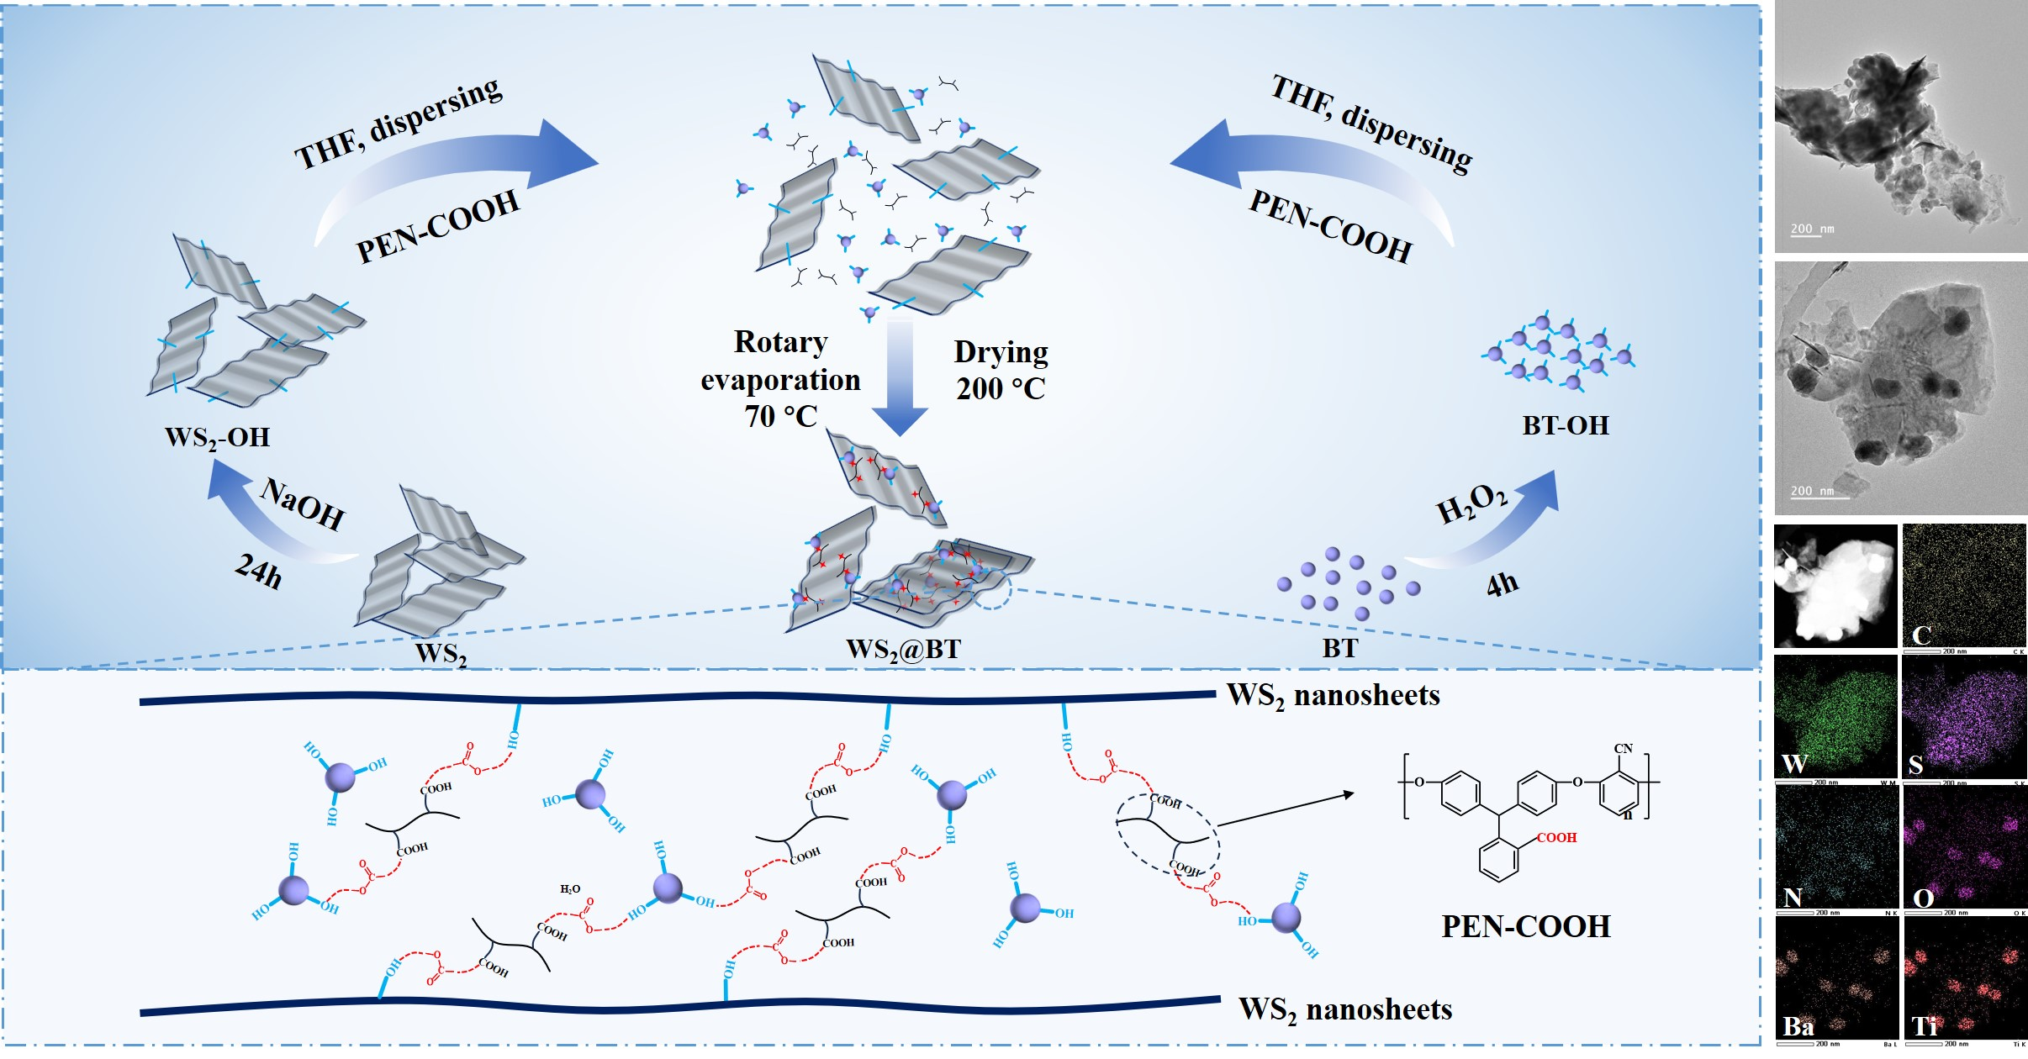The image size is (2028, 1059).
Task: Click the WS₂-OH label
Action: point(217,438)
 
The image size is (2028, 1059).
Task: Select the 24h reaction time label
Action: point(258,572)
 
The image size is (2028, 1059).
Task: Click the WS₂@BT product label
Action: point(903,649)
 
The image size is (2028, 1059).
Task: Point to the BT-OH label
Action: point(1565,425)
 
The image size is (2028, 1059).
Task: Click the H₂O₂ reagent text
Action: point(1471,503)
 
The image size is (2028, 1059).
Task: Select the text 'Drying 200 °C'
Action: point(1001,370)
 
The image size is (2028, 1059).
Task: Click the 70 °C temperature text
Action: point(780,416)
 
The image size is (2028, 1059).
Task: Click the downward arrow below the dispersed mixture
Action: point(900,378)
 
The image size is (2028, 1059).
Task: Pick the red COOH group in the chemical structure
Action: point(1556,838)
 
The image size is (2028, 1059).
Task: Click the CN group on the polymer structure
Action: point(1623,749)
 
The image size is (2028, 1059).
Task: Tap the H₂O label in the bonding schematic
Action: point(570,889)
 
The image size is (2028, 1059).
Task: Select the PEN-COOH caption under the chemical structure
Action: point(1526,926)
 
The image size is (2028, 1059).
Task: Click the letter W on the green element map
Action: point(1794,764)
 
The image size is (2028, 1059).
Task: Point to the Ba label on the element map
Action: point(1798,1026)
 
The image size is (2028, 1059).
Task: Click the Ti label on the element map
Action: point(1925,1026)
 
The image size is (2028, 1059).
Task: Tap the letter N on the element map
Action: point(1793,898)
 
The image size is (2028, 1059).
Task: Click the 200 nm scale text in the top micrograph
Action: point(1812,229)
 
